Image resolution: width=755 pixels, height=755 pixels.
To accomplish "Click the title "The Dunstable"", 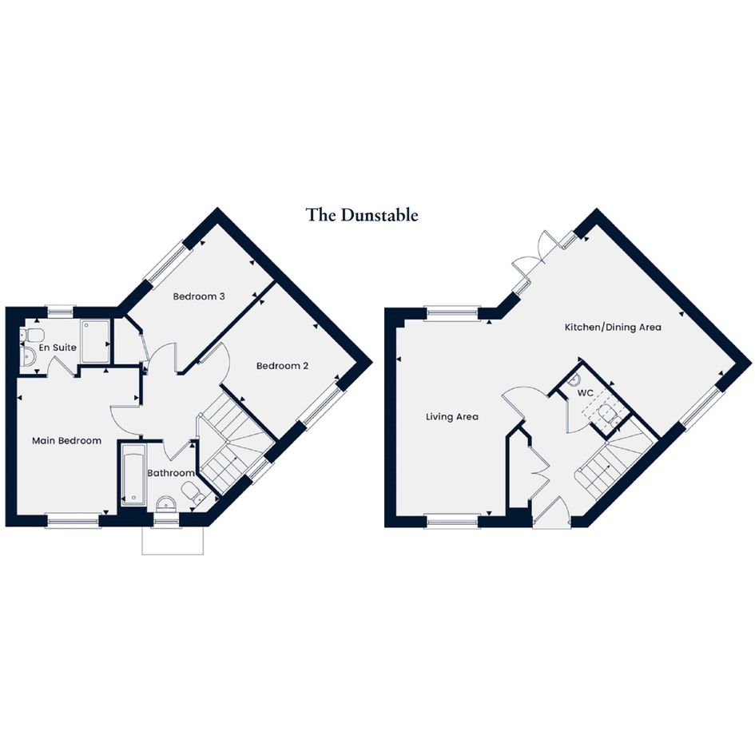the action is (x=362, y=215).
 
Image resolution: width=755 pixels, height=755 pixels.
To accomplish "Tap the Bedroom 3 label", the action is (x=199, y=296).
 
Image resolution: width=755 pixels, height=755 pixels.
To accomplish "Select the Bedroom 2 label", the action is (x=282, y=366).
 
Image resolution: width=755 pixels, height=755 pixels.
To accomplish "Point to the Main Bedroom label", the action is (x=66, y=440).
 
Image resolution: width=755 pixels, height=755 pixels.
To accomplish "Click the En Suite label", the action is (x=58, y=348).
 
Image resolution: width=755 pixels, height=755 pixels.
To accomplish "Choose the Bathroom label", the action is (x=171, y=473).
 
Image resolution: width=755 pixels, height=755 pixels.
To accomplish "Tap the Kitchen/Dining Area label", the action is (x=613, y=328).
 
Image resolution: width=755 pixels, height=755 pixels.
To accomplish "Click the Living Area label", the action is (x=452, y=416).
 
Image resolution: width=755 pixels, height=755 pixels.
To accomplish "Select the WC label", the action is (x=585, y=393).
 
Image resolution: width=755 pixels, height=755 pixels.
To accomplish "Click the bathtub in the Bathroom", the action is (x=133, y=475).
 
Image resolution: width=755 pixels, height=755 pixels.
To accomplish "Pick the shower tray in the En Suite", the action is (x=95, y=342).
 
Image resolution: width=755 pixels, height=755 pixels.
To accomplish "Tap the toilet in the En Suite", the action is (x=33, y=334).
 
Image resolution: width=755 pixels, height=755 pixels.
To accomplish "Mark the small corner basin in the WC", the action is (x=574, y=379).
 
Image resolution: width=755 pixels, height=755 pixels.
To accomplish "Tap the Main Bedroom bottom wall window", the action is (x=73, y=520).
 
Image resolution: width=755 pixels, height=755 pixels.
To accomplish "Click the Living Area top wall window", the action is (x=453, y=313).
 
